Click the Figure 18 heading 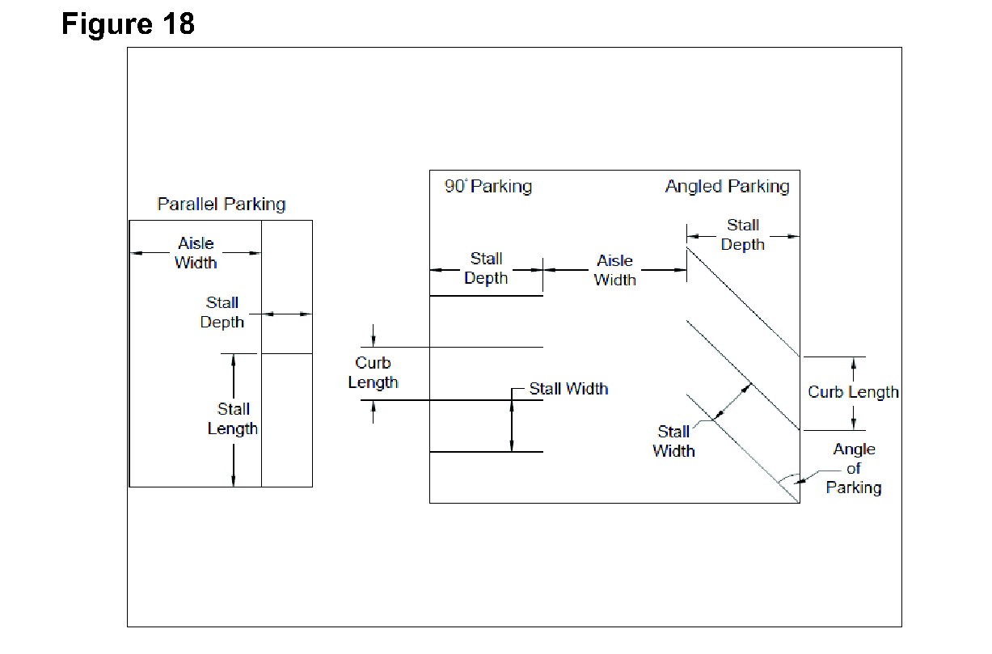pos(128,24)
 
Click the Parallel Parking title pos(221,204)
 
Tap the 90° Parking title pos(488,187)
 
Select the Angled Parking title pos(727,187)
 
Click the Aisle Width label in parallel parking pos(196,252)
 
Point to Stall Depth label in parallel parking pos(222,312)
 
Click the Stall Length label pos(233,419)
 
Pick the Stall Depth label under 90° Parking pos(486,268)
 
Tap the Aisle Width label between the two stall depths pos(614,270)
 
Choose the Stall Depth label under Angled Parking pos(742,234)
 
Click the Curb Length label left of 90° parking pos(373,373)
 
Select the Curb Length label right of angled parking pos(853,392)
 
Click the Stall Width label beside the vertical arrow pos(568,389)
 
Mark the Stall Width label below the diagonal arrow pos(673,441)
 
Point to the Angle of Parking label pos(854,468)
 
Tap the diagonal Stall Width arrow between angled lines pos(732,402)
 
